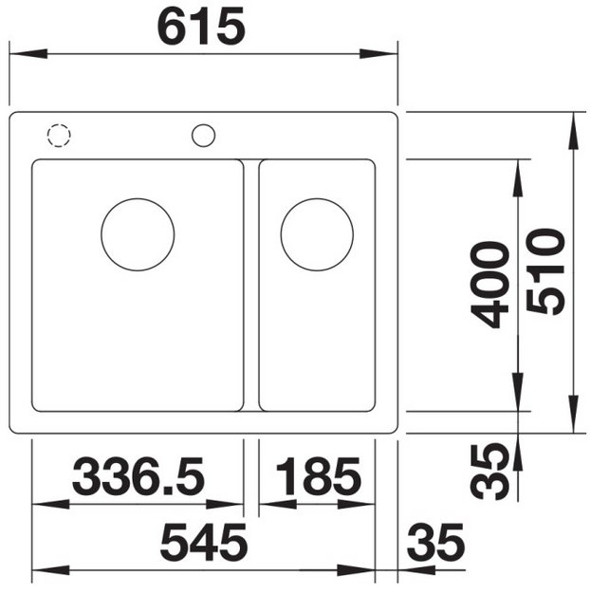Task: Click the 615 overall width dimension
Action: click(x=201, y=27)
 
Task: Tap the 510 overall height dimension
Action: click(x=545, y=271)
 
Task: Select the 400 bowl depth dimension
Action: click(x=489, y=285)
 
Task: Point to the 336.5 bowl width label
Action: click(x=138, y=476)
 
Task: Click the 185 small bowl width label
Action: click(x=319, y=476)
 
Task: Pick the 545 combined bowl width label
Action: click(x=204, y=542)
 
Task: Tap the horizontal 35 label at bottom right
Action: click(x=435, y=542)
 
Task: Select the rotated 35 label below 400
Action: click(x=489, y=472)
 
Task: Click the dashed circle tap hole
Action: click(x=59, y=124)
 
